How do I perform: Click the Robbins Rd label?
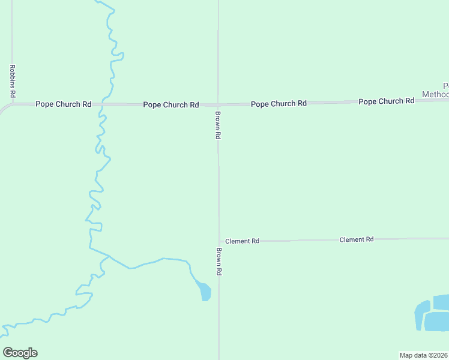click(x=12, y=82)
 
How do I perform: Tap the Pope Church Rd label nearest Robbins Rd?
click(x=63, y=104)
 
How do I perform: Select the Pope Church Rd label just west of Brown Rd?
click(x=170, y=105)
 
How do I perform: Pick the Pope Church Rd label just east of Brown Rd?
click(x=279, y=104)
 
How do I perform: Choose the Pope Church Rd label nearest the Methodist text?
click(x=386, y=101)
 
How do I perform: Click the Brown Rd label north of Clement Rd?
click(x=218, y=125)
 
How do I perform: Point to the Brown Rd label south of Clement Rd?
click(x=219, y=262)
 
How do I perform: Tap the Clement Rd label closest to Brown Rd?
click(x=242, y=241)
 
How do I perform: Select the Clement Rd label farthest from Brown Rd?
click(x=357, y=239)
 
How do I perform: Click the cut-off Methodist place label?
click(x=436, y=90)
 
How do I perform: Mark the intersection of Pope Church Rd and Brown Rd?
click(x=218, y=104)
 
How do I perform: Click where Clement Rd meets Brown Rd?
click(x=219, y=241)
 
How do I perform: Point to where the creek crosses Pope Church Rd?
click(x=102, y=104)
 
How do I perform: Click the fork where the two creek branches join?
click(x=109, y=256)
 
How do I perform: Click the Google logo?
click(x=20, y=353)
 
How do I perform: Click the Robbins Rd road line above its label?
click(x=12, y=36)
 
